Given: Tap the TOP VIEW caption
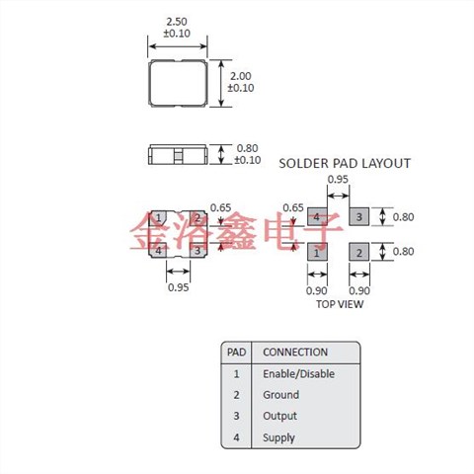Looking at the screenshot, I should tap(339, 304).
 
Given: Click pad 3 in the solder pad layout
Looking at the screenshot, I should tap(359, 216).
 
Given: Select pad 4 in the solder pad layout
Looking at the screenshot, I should tap(316, 216).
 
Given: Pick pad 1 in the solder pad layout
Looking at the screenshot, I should tap(316, 253).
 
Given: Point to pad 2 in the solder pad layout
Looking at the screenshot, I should tap(359, 253).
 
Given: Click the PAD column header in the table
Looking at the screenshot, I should tap(237, 352).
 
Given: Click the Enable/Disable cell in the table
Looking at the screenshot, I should tap(298, 374).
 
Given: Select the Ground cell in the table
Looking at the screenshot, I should tap(280, 395).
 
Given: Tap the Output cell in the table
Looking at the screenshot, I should tap(279, 417).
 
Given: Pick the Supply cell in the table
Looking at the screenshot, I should tap(278, 437).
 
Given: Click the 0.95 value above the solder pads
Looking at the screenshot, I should tap(337, 180).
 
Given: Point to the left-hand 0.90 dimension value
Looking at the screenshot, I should tap(316, 290).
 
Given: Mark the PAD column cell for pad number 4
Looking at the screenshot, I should tap(237, 437).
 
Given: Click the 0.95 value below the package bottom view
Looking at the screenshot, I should tap(178, 287).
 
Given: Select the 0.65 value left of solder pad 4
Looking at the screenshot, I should tap(292, 208).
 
